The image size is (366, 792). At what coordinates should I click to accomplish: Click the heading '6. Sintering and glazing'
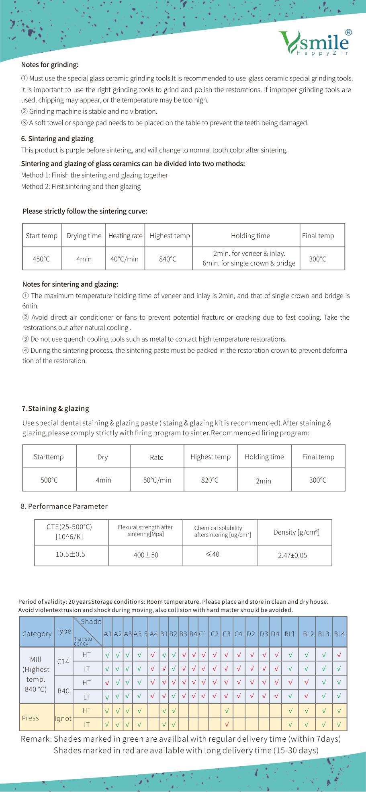coord(57,139)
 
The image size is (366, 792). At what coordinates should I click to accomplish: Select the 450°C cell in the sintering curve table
coord(41,259)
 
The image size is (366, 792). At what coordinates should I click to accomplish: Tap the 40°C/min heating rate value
coord(125,259)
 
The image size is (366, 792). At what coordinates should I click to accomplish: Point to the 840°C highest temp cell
coord(168,259)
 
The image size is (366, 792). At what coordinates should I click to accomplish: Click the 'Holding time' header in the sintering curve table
coord(250,236)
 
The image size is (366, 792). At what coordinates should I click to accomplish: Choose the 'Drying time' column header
coord(84,236)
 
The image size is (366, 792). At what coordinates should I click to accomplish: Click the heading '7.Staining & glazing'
coord(55,409)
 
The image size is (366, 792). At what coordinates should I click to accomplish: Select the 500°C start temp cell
coord(49,480)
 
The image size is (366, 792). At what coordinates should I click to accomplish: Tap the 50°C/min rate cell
coord(157,480)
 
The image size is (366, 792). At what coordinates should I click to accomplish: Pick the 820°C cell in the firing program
coord(210,480)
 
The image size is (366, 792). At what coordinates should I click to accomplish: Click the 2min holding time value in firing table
coord(264,481)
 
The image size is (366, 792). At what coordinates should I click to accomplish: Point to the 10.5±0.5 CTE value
coord(70,554)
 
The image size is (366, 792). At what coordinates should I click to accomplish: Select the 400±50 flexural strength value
coord(146,555)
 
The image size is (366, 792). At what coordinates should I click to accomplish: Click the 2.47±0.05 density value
coord(292,555)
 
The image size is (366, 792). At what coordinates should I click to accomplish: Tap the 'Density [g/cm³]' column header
coord(296,532)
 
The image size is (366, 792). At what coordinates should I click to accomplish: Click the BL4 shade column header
coord(339,634)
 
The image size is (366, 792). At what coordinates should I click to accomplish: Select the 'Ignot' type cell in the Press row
coord(63,718)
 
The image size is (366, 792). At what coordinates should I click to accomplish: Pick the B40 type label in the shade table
coord(63,691)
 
